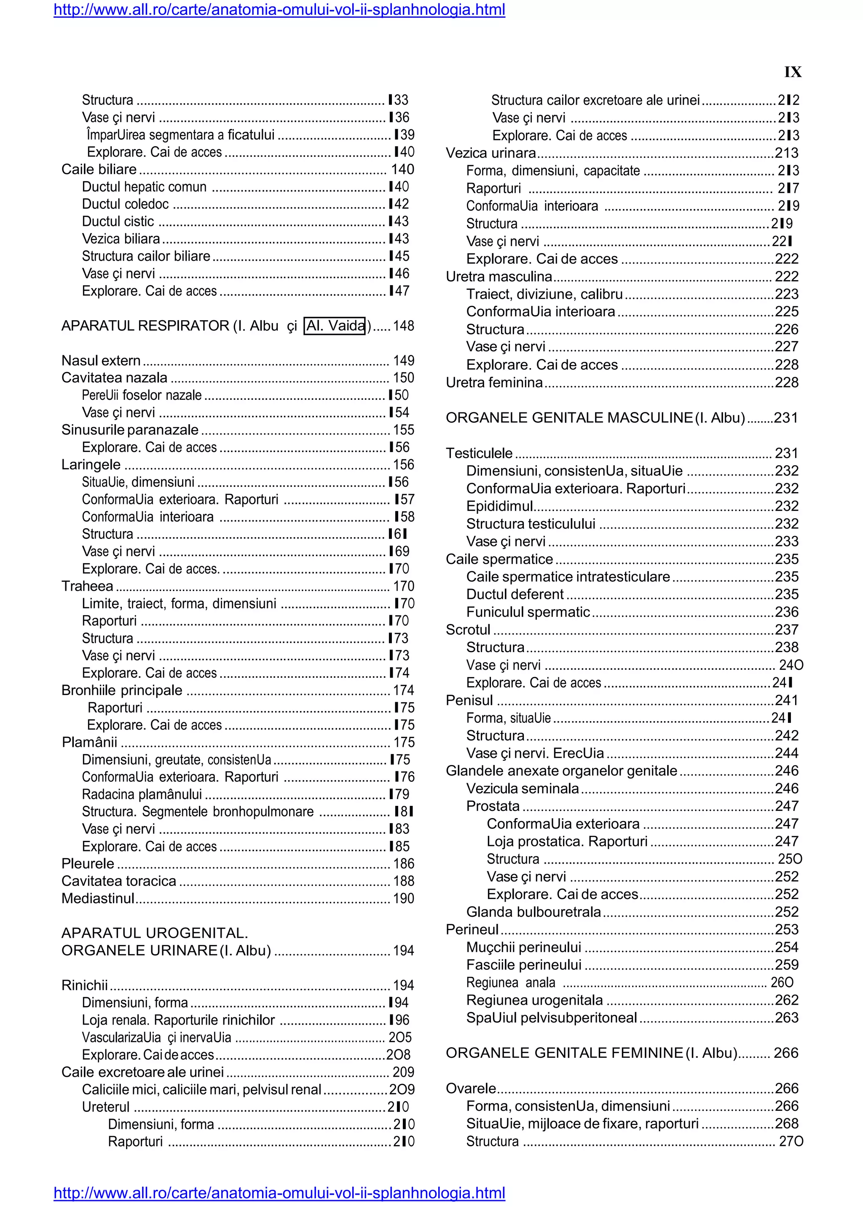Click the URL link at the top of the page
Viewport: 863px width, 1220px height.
(279, 10)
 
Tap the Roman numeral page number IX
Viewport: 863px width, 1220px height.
(792, 72)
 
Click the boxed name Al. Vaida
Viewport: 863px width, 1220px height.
(335, 326)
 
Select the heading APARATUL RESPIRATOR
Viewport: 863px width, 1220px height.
(145, 326)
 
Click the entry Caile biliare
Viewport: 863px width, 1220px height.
(99, 169)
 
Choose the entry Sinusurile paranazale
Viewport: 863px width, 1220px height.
(130, 430)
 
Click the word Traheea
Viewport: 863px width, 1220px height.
(87, 586)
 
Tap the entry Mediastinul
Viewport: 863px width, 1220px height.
(98, 899)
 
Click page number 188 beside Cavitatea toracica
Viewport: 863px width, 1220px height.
(403, 881)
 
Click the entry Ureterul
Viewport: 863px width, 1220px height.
(106, 1107)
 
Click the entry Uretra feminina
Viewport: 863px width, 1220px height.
(494, 383)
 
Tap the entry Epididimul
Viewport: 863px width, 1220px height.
(499, 506)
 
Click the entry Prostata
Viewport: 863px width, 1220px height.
(493, 806)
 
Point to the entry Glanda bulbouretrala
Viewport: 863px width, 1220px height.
(533, 912)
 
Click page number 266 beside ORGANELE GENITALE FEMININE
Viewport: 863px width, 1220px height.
(786, 1053)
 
